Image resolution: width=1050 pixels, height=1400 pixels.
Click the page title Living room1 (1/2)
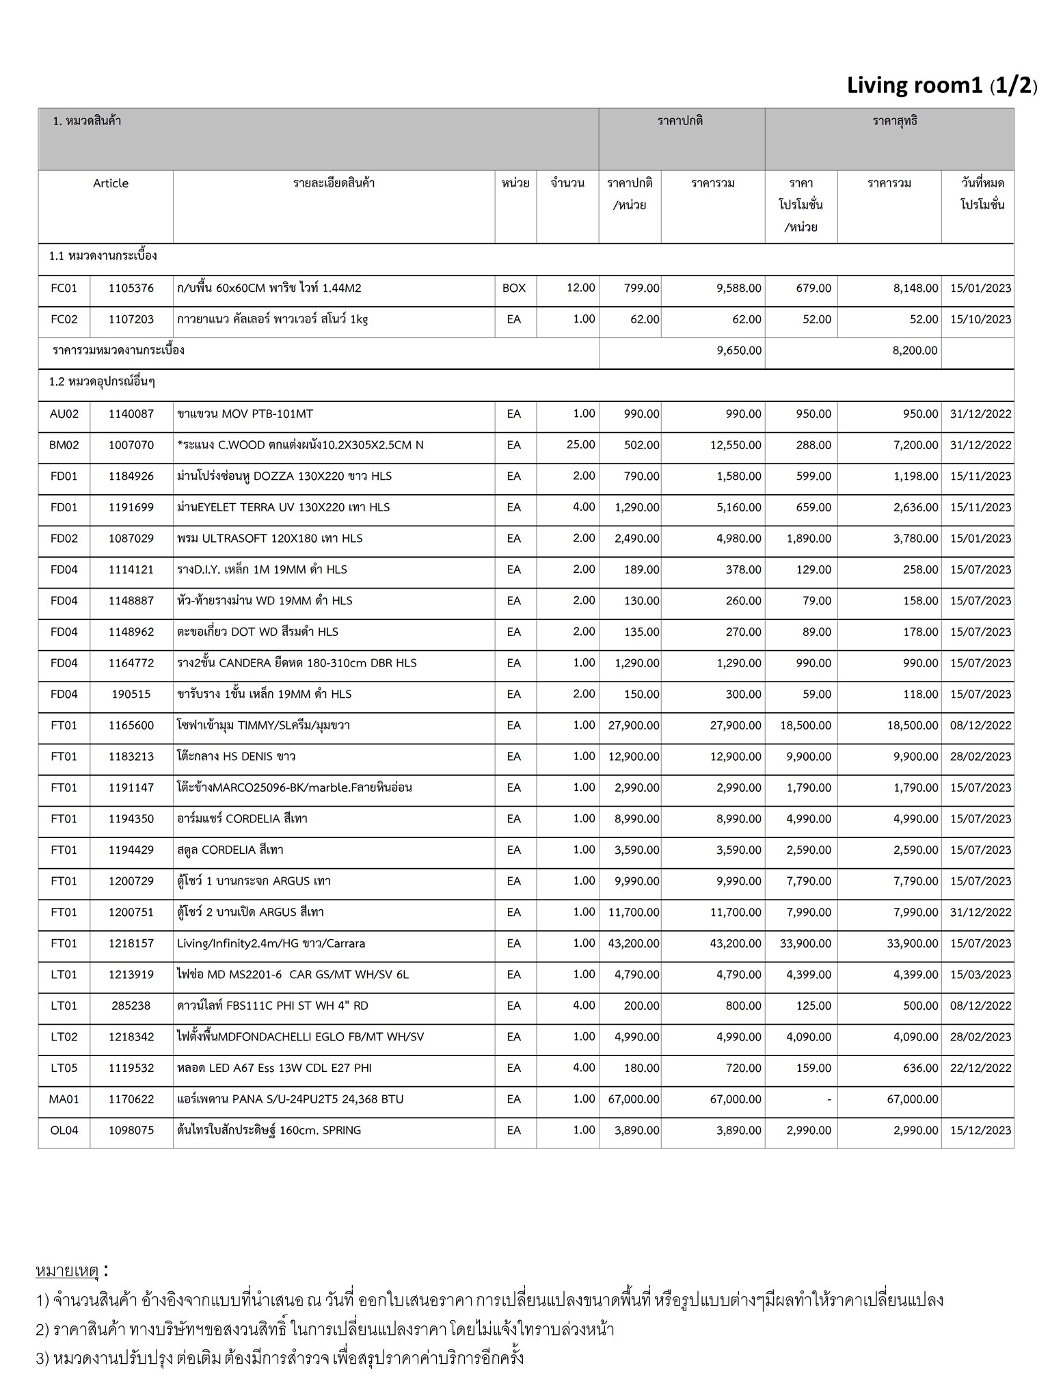click(941, 85)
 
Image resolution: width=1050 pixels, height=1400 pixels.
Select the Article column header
click(111, 183)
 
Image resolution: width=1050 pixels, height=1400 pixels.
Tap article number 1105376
click(131, 288)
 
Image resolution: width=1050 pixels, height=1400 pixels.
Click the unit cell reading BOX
click(514, 288)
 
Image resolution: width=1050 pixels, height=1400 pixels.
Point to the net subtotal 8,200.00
click(915, 351)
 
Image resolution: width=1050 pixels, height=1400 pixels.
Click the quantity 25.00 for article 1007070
click(580, 445)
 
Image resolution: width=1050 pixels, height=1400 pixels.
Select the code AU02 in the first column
click(64, 414)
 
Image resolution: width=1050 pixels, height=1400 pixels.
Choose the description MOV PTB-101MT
click(245, 414)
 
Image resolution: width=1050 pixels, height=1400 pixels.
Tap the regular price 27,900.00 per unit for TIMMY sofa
click(634, 725)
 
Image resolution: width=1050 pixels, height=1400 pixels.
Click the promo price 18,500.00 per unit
click(806, 725)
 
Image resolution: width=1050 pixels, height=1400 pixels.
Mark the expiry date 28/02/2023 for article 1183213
click(980, 757)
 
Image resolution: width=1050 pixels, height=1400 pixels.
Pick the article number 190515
click(131, 695)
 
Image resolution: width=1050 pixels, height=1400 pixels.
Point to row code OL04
click(64, 1131)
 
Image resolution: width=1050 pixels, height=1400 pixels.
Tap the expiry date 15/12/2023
click(980, 1131)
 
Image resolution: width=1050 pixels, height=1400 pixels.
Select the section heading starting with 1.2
click(102, 382)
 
